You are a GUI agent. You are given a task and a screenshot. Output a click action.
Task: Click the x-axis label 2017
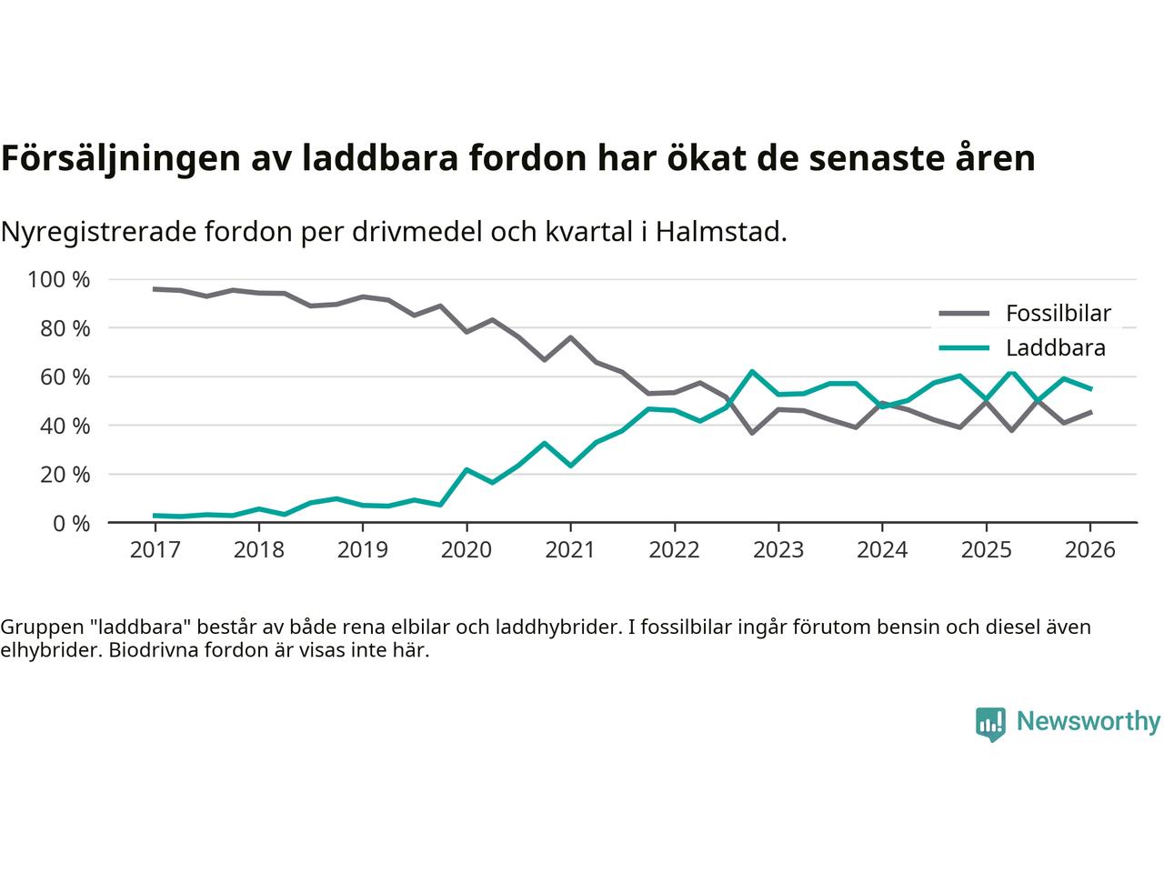coord(155,550)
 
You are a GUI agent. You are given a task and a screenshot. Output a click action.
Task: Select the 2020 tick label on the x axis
coord(467,550)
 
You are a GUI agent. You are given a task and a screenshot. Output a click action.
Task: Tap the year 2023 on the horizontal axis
coord(778,550)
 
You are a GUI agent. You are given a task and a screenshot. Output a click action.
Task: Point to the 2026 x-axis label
coord(1089,550)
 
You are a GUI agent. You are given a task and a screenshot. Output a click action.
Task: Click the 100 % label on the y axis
coord(59,279)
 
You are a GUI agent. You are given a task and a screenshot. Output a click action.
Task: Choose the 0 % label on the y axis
coord(70,523)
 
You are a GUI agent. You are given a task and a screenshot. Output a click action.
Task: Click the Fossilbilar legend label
coord(1058,314)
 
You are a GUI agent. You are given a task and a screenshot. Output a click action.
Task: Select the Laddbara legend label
coord(1055,347)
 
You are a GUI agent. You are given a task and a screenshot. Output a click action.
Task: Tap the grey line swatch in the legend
coord(964,314)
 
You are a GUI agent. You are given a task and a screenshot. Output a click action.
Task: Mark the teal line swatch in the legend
coord(964,347)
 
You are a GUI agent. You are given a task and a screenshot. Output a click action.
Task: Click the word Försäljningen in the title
coord(119,158)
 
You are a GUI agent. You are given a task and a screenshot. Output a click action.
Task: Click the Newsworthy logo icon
coord(990,724)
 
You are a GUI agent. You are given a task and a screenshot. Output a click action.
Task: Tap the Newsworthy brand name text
coord(1088,722)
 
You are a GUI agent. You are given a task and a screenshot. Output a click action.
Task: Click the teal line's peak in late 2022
coord(752,371)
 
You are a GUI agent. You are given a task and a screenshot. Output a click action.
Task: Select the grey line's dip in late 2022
coord(752,432)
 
